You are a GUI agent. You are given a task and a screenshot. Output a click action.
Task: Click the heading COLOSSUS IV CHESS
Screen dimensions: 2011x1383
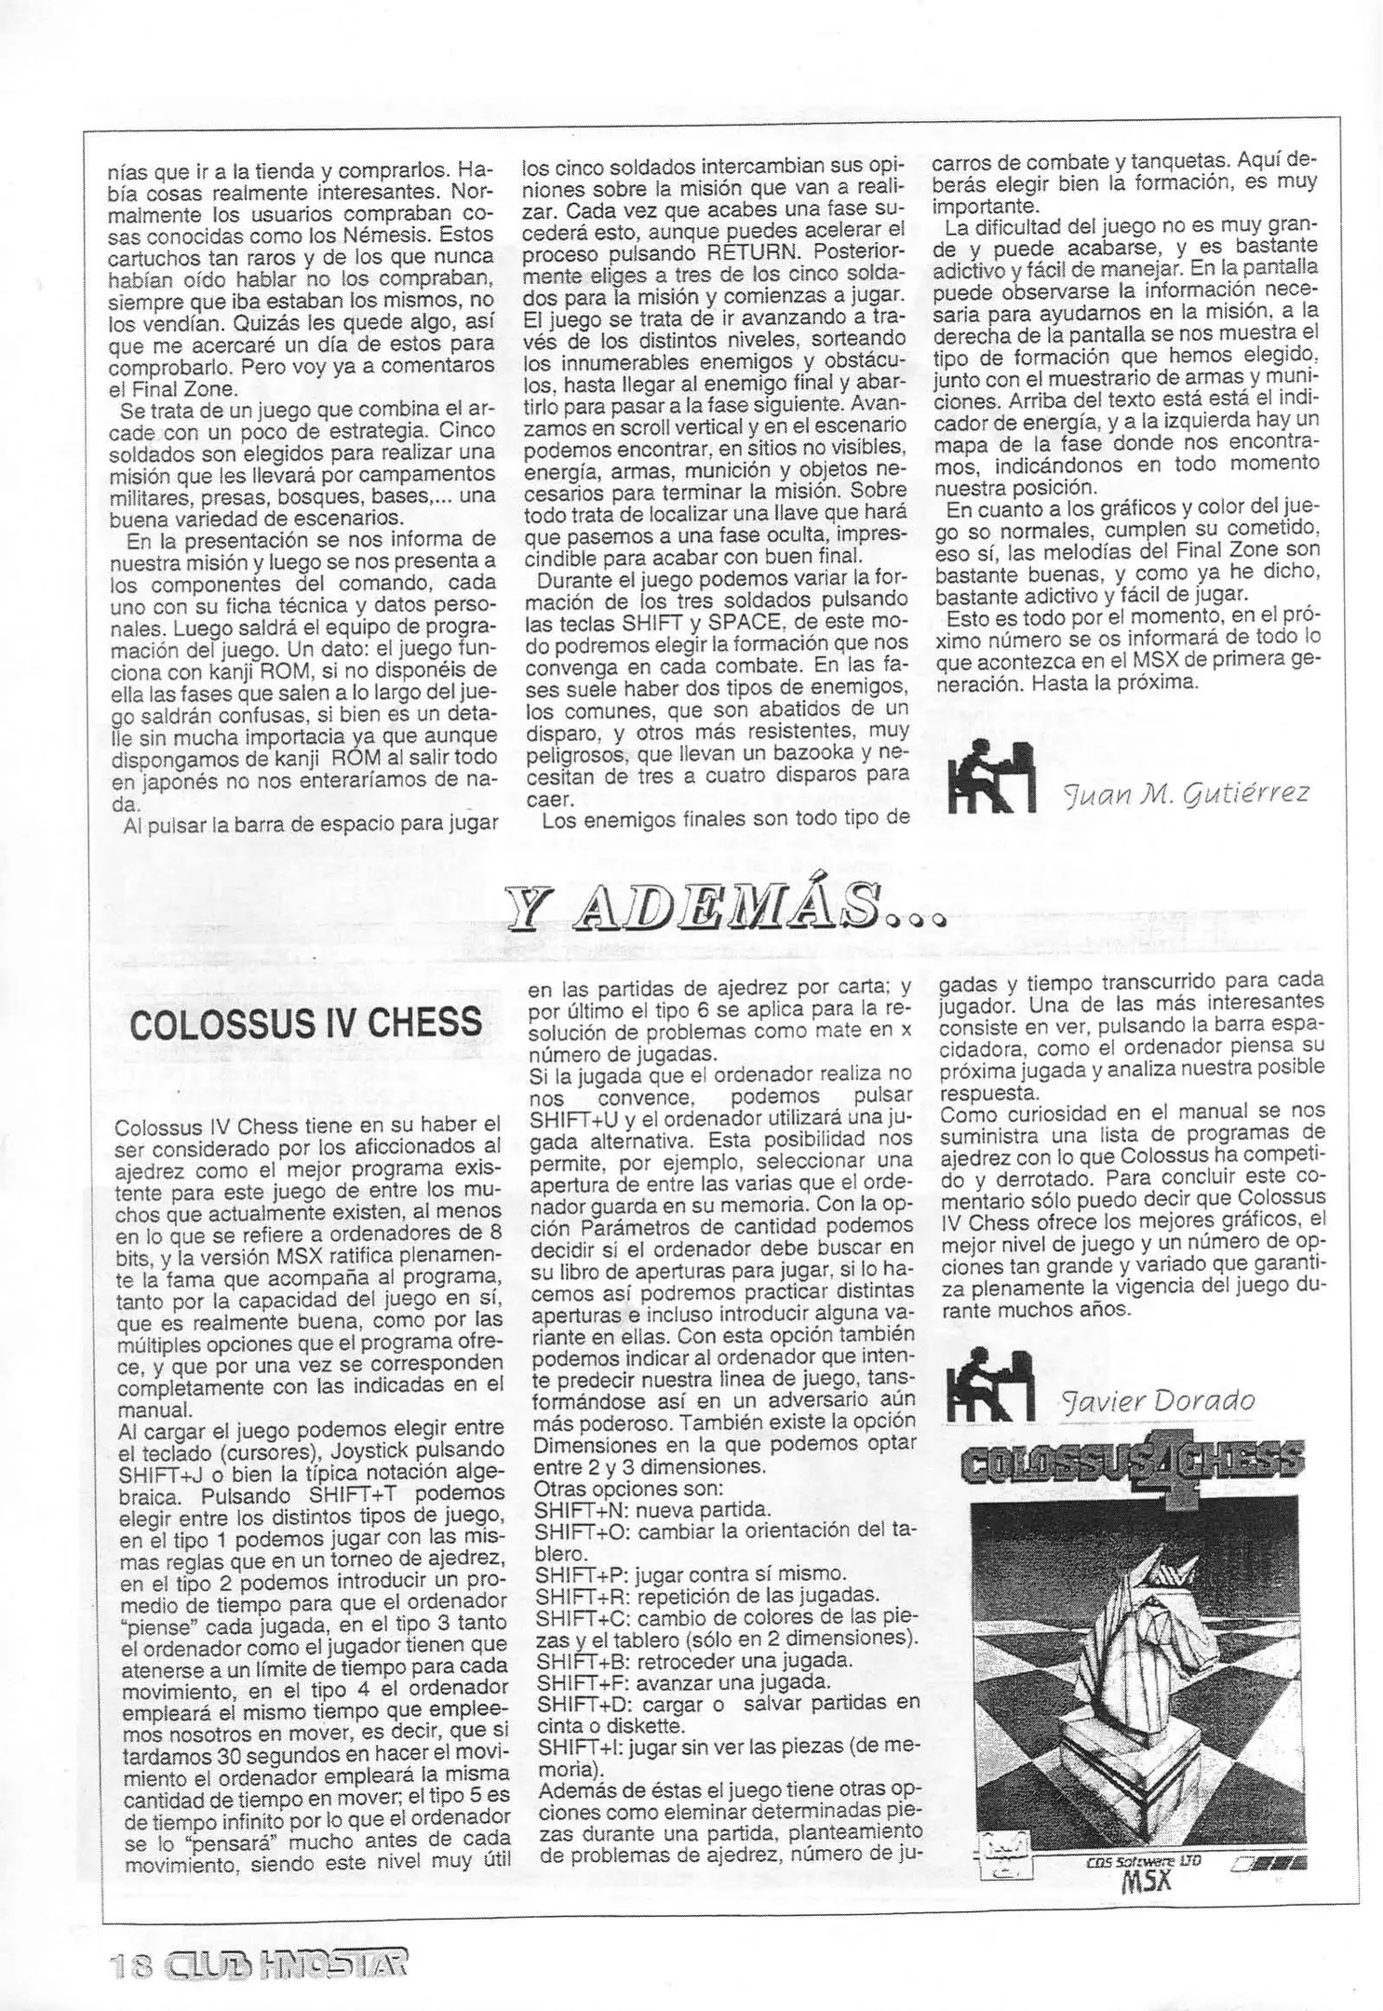pos(306,1023)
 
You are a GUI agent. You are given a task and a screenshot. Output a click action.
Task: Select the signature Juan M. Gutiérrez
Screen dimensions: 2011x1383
pos(1186,793)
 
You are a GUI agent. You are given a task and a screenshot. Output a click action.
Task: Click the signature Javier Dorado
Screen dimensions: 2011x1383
pos(1159,1400)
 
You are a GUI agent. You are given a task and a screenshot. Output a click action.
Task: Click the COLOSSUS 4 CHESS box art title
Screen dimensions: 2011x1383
pos(1133,1464)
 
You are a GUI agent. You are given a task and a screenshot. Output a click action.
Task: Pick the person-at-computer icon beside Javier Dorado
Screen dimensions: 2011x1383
pos(989,1384)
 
